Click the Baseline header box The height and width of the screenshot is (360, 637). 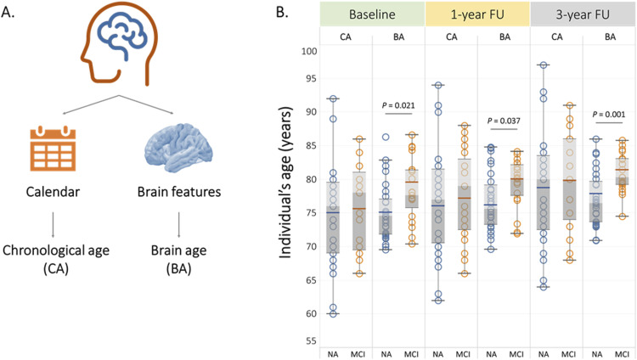click(x=371, y=14)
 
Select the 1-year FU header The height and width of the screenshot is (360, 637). click(x=476, y=14)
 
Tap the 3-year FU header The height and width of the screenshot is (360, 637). click(x=583, y=14)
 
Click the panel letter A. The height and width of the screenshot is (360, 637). click(x=11, y=12)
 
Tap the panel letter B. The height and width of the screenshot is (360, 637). click(x=277, y=12)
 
